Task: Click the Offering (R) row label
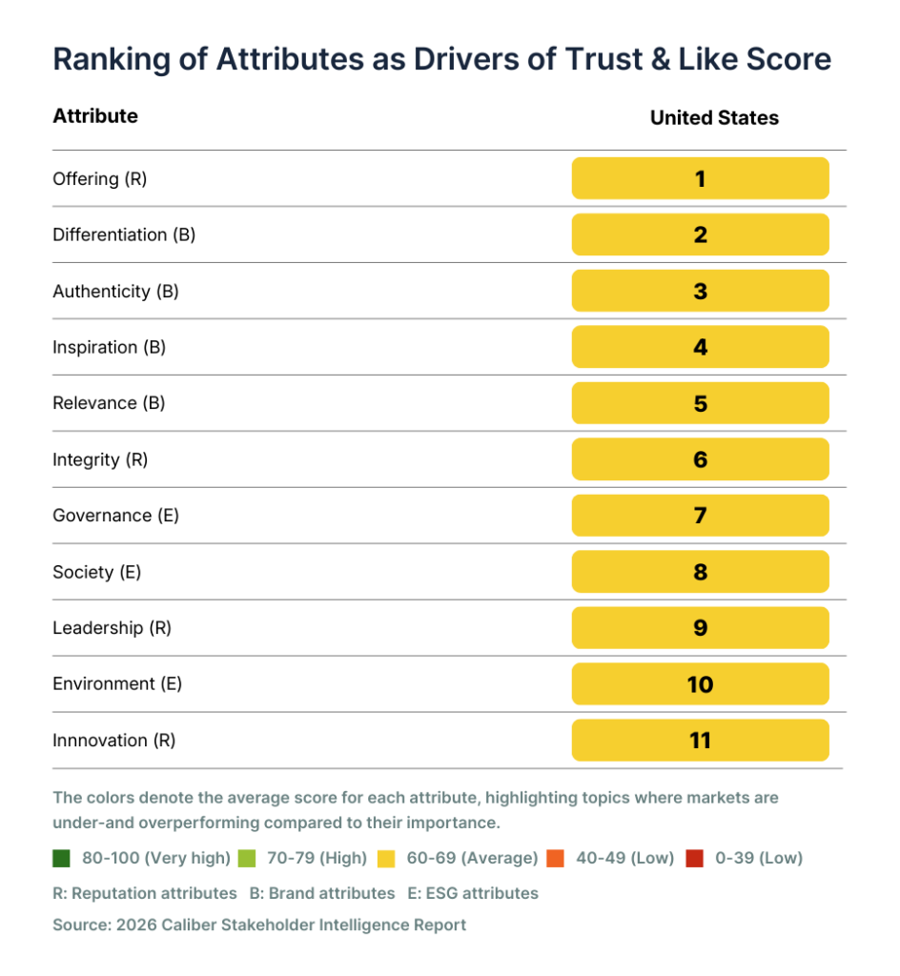coord(100,178)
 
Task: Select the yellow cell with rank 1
coord(700,178)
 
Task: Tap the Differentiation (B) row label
coord(124,234)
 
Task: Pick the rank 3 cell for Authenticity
coord(700,291)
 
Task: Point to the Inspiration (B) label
coord(109,347)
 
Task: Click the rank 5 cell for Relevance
coord(700,403)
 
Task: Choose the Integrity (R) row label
coord(100,459)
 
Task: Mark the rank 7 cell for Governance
coord(700,516)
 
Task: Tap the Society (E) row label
coord(96,572)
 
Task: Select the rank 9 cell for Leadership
coord(700,628)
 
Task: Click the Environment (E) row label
coord(117,684)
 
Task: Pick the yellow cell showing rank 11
coord(700,741)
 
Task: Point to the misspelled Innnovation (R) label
coord(114,741)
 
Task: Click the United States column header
coord(714,118)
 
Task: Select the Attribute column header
coord(95,116)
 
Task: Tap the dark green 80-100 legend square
coord(62,858)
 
